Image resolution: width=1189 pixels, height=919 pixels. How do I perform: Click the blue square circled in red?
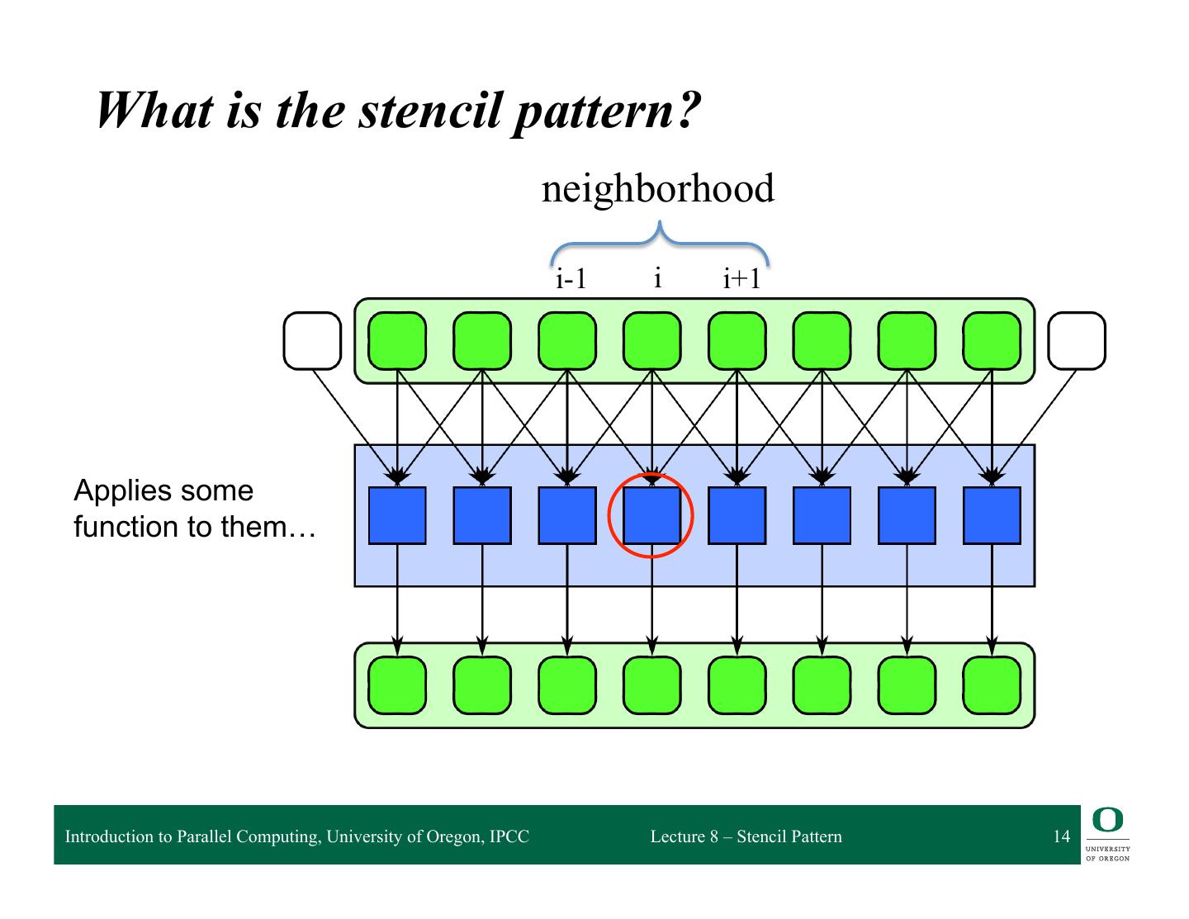point(651,516)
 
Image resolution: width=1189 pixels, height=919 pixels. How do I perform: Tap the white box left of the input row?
point(312,340)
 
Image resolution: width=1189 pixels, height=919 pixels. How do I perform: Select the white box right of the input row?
point(1077,340)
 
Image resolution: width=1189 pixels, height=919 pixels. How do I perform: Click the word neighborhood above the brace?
point(657,189)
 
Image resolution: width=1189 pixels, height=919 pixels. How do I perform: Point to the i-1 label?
point(571,279)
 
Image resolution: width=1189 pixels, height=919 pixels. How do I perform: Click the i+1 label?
point(741,279)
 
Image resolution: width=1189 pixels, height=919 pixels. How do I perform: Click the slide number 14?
point(1061,836)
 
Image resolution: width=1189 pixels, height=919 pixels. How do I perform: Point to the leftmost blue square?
point(397,516)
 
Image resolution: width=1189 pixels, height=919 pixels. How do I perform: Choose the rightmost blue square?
point(992,516)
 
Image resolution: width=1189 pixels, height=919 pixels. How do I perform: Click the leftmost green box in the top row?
point(397,340)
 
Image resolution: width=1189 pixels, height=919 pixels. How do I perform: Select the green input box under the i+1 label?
point(737,340)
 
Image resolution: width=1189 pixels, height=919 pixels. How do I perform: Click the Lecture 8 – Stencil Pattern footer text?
point(746,836)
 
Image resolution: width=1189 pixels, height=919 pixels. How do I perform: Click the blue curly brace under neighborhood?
point(659,242)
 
